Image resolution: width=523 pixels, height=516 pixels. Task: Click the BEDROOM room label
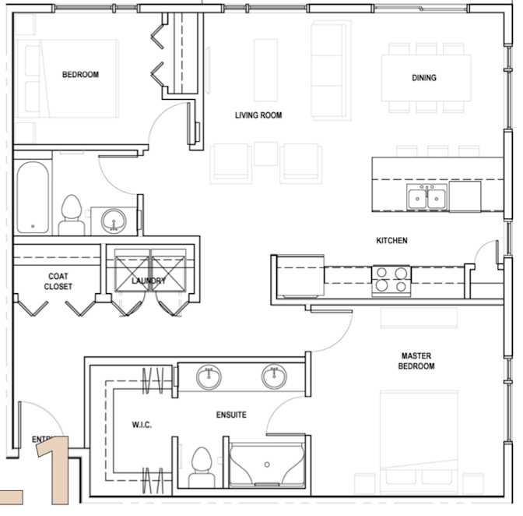click(x=80, y=75)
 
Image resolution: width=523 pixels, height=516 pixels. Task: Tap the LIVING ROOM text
click(x=258, y=115)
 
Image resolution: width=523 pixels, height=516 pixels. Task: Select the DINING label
click(x=424, y=78)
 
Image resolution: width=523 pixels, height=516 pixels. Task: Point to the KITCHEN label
click(x=391, y=241)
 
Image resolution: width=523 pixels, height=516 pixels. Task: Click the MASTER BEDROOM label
click(x=416, y=360)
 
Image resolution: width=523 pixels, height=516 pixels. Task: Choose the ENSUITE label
click(x=231, y=415)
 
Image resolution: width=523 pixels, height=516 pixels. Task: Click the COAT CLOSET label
click(x=59, y=281)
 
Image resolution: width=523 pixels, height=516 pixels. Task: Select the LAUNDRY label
click(x=149, y=281)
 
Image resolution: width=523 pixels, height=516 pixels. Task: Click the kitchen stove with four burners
click(x=392, y=279)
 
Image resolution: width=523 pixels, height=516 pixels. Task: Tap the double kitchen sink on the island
click(x=426, y=198)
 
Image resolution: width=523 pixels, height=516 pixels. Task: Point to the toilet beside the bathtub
click(x=72, y=214)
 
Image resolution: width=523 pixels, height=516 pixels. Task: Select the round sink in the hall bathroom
click(x=114, y=221)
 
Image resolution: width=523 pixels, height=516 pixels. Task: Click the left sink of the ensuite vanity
click(x=209, y=377)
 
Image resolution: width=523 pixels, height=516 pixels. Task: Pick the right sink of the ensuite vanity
click(x=273, y=377)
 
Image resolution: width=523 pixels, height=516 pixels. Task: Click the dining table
click(x=426, y=77)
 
